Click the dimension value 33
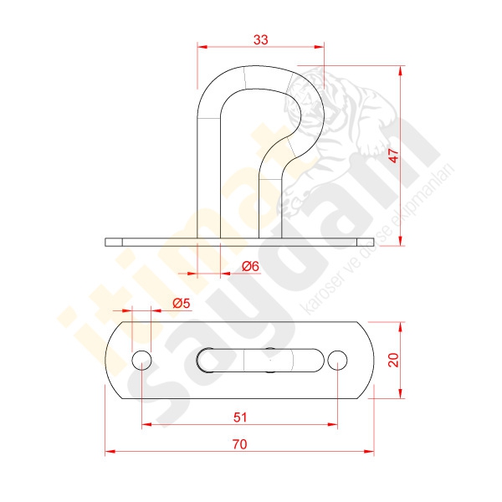point(260,40)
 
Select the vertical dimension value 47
point(394,156)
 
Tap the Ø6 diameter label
point(250,266)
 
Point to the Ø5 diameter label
point(182,303)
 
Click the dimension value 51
point(240,417)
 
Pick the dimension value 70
point(239,444)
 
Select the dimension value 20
point(393,360)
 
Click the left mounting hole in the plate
point(141,360)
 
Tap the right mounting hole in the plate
point(337,360)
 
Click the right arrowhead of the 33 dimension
point(320,47)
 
